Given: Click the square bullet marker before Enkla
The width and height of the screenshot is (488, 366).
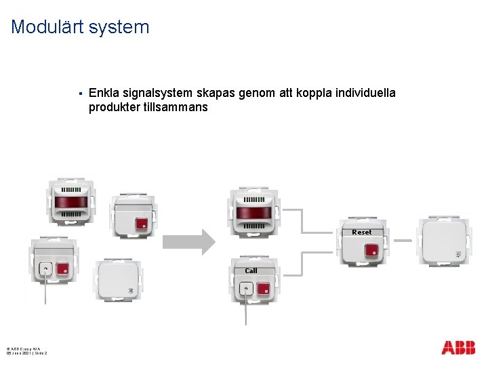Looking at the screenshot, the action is pos(80,93).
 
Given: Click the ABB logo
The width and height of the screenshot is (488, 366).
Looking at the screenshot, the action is pos(458,348).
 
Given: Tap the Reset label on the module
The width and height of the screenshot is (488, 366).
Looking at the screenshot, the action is pos(362,232).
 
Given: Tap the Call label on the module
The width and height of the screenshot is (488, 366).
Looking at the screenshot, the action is pos(251,270).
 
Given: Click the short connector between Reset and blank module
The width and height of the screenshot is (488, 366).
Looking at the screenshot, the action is pos(404,240).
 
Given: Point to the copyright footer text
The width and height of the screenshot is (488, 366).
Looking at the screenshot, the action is pos(27,350).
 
